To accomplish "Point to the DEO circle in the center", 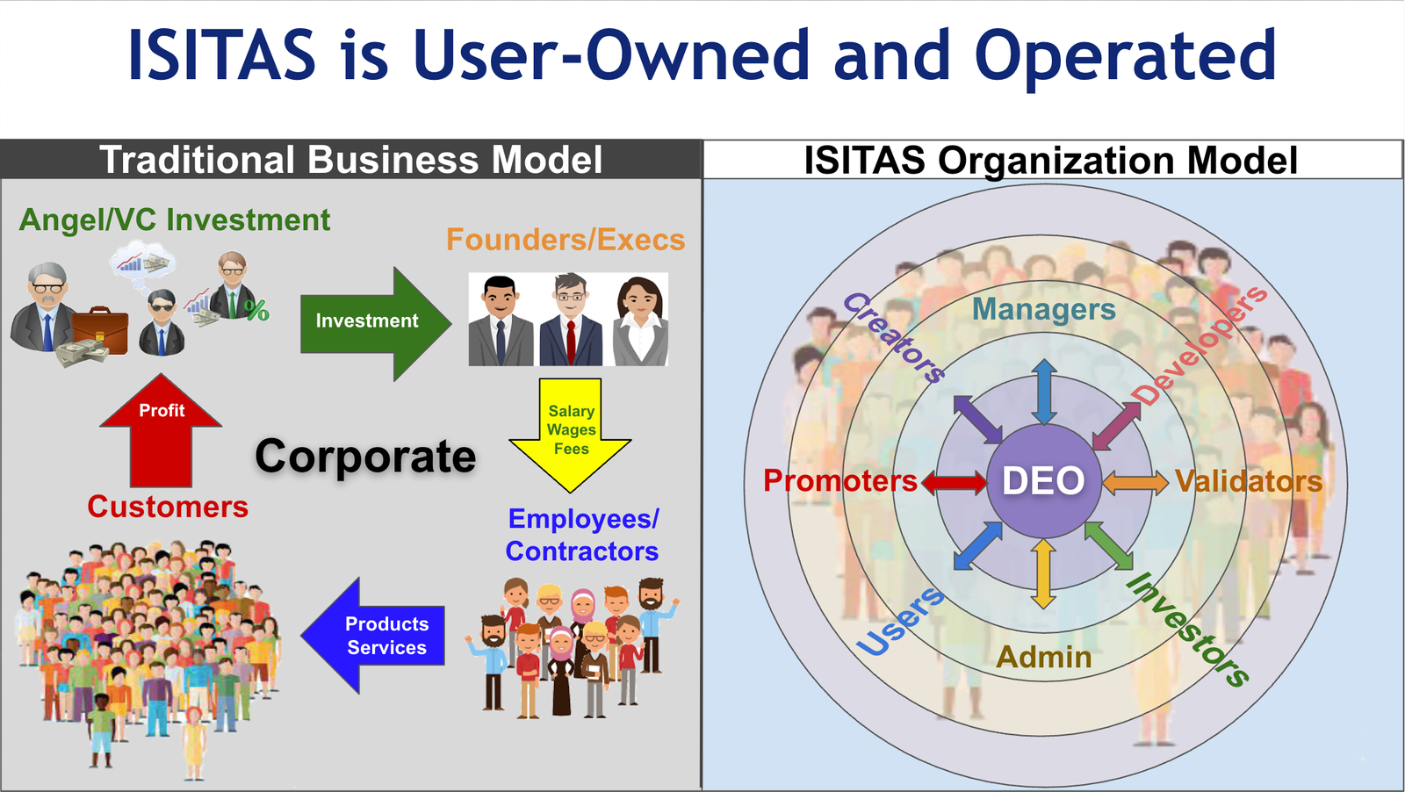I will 1043,480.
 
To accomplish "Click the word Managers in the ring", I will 1043,309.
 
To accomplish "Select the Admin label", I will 1043,657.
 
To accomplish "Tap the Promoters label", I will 839,481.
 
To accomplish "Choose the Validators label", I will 1248,481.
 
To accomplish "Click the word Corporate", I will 365,457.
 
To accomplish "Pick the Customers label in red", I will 168,507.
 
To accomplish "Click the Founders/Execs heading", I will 565,240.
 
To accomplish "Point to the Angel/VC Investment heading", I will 175,220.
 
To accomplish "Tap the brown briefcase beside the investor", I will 98,329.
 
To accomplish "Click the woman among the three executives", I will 640,320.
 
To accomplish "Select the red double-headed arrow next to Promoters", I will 954,481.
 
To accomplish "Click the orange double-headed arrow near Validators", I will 1135,481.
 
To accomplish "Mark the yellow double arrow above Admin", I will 1043,572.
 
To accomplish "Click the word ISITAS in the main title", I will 221,55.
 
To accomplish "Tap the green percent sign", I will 257,310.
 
